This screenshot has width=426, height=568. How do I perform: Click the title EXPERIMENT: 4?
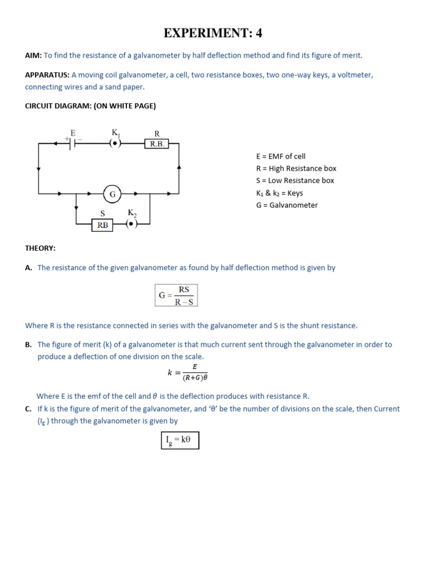click(212, 33)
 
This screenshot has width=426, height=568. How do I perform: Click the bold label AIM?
click(34, 55)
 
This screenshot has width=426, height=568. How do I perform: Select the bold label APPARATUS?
click(47, 75)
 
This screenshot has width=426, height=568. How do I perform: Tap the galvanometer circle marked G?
click(112, 194)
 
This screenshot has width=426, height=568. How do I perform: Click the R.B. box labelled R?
click(156, 144)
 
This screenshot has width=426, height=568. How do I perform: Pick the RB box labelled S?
click(103, 225)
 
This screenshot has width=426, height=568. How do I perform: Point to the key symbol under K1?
click(115, 143)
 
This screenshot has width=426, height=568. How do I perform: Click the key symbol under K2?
click(131, 224)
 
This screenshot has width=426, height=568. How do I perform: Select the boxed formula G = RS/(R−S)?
click(176, 295)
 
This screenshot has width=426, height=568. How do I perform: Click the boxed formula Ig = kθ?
click(180, 440)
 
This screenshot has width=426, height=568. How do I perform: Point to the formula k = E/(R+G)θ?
click(187, 373)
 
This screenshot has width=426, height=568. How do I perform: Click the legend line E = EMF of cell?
click(281, 156)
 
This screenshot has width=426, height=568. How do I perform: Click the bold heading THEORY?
click(40, 248)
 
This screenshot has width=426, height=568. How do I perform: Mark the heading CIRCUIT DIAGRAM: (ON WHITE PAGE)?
click(90, 106)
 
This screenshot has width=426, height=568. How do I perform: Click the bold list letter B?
click(28, 344)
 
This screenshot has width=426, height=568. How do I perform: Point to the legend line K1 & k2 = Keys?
click(280, 193)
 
